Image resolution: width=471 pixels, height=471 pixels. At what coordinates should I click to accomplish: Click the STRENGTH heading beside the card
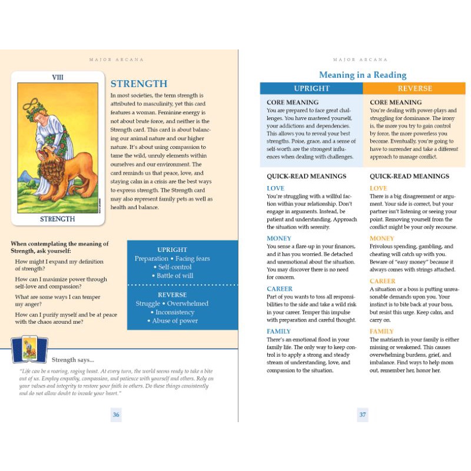(139, 84)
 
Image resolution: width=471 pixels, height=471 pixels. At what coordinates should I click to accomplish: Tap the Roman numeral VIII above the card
(58, 77)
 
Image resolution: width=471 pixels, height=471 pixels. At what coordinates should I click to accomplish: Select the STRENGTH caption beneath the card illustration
(58, 219)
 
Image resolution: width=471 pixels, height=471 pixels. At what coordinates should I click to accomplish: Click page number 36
(116, 414)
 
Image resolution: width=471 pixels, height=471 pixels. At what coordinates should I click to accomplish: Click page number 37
(363, 414)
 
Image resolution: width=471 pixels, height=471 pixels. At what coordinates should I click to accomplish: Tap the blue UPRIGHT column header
(311, 88)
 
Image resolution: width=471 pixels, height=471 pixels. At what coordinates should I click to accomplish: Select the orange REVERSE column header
(414, 88)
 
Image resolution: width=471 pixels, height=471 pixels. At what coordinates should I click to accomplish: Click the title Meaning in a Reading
(363, 75)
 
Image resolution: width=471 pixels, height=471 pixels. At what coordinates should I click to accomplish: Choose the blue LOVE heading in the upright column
(276, 188)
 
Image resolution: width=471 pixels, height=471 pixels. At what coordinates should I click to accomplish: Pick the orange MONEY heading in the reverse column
(382, 238)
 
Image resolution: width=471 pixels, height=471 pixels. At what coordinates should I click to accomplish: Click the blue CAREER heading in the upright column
(280, 289)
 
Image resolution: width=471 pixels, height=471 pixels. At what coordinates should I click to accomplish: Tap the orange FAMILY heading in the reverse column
(382, 331)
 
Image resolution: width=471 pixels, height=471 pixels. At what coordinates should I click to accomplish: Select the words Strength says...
(73, 360)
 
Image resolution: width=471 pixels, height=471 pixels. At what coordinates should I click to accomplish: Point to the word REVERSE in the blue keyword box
(173, 294)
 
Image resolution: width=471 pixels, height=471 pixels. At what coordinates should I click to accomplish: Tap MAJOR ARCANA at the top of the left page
(116, 59)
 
